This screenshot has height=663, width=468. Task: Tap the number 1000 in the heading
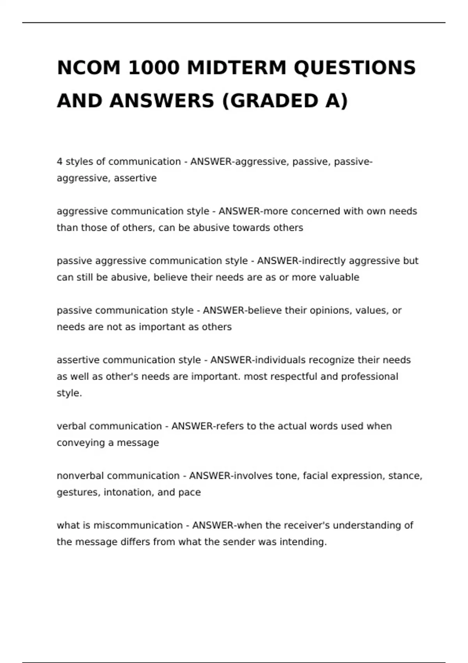click(x=154, y=68)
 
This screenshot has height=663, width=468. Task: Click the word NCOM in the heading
click(x=89, y=68)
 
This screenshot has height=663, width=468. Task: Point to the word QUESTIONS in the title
click(x=355, y=68)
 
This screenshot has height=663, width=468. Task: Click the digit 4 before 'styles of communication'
click(x=60, y=162)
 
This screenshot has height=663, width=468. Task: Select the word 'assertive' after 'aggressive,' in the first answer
click(x=135, y=178)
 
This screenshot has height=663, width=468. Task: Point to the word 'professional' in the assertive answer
click(x=369, y=377)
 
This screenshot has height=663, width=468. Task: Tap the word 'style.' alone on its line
click(x=69, y=393)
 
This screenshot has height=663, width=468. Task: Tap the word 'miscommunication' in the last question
click(x=138, y=525)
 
